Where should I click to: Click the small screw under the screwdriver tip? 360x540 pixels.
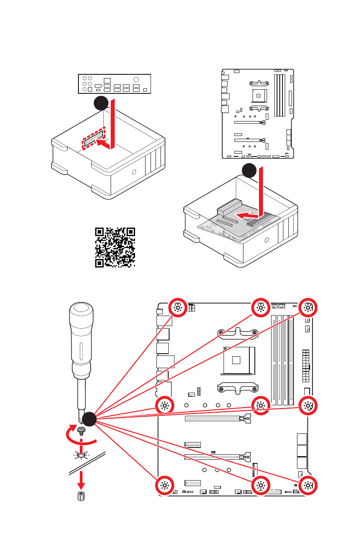pyautogui.click(x=82, y=430)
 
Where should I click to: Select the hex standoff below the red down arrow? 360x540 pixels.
pyautogui.click(x=82, y=496)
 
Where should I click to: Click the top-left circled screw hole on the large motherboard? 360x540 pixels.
pyautogui.click(x=178, y=307)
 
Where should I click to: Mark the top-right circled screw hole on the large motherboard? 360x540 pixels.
pyautogui.click(x=308, y=307)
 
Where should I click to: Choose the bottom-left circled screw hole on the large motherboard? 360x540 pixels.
pyautogui.click(x=164, y=485)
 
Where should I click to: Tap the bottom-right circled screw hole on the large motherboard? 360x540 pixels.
pyautogui.click(x=308, y=485)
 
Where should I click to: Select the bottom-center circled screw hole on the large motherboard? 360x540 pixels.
pyautogui.click(x=261, y=485)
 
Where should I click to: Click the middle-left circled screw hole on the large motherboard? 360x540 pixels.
pyautogui.click(x=164, y=405)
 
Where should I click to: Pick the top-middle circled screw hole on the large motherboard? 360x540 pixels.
pyautogui.click(x=261, y=307)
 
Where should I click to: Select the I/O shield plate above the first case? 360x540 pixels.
pyautogui.click(x=114, y=83)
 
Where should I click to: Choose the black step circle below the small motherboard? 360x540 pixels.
pyautogui.click(x=249, y=170)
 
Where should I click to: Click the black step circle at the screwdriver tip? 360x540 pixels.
pyautogui.click(x=88, y=419)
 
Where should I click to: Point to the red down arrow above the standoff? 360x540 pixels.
pyautogui.click(x=82, y=478)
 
